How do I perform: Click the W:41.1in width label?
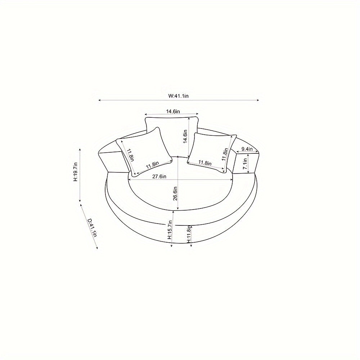click(x=179, y=96)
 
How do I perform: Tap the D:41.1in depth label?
click(x=93, y=228)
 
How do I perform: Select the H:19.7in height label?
click(x=76, y=172)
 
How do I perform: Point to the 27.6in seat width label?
click(x=159, y=176)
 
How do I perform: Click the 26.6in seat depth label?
click(x=175, y=194)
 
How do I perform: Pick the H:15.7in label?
click(x=170, y=230)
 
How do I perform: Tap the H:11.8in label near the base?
click(x=189, y=234)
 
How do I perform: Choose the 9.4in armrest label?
click(x=246, y=149)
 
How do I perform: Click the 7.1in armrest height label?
click(x=245, y=164)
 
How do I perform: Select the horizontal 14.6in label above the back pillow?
click(x=173, y=111)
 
